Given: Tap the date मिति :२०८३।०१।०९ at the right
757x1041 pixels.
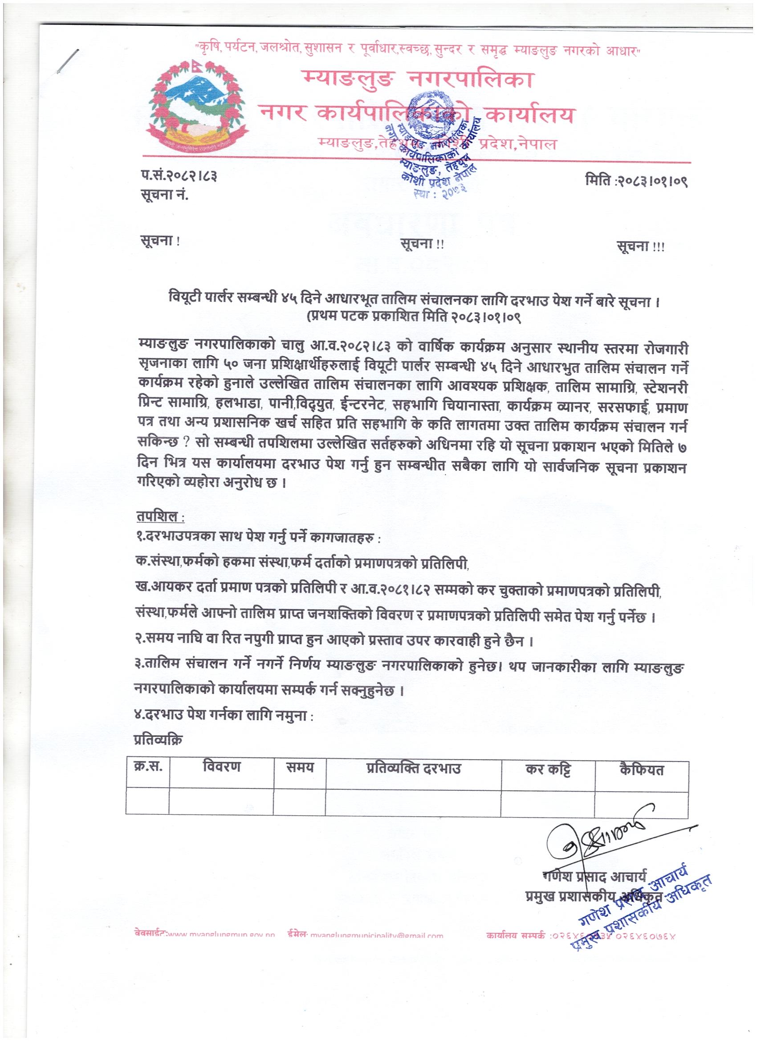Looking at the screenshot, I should pyautogui.click(x=637, y=180).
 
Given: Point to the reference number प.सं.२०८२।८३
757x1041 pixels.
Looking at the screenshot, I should pyautogui.click(x=179, y=176).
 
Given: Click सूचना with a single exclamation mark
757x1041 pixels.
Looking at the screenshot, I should pyautogui.click(x=160, y=242).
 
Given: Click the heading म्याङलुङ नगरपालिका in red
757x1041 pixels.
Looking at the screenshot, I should pyautogui.click(x=418, y=79).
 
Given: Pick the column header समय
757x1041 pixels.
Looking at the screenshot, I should pyautogui.click(x=299, y=767).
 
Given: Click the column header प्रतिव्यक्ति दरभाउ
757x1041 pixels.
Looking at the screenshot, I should pyautogui.click(x=413, y=768).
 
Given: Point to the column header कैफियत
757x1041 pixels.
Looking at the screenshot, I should pyautogui.click(x=641, y=770).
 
